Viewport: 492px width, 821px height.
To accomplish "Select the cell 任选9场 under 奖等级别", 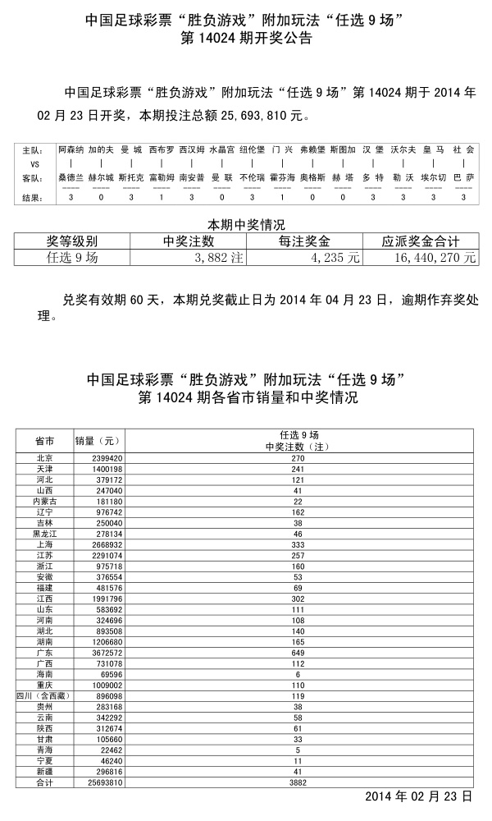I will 72,257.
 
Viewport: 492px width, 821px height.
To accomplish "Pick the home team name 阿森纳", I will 71,150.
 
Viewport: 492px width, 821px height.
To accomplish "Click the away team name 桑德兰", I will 71,177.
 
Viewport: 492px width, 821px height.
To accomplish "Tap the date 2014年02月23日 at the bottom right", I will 418,796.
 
